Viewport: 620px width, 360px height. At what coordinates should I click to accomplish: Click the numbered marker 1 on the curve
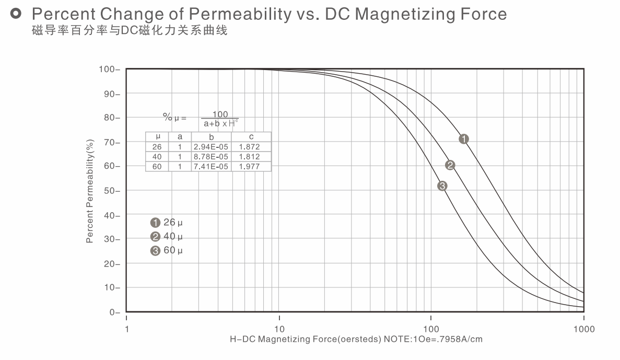point(464,139)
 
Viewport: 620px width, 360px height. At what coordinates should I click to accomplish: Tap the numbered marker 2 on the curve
point(450,165)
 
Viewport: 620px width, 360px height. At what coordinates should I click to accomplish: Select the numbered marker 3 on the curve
point(442,185)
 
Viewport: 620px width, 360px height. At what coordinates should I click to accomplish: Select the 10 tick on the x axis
point(279,329)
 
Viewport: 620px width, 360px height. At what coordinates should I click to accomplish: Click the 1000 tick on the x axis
point(583,329)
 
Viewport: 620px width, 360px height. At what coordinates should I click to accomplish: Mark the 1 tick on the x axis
point(127,329)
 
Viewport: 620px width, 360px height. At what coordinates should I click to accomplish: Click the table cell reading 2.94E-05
point(211,147)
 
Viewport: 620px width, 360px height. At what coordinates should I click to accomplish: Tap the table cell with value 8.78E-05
point(211,157)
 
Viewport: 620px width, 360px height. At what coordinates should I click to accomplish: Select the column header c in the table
point(251,137)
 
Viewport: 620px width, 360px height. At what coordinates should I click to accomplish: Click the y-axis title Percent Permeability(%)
point(90,191)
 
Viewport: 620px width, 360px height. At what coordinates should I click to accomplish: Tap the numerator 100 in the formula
point(220,114)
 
